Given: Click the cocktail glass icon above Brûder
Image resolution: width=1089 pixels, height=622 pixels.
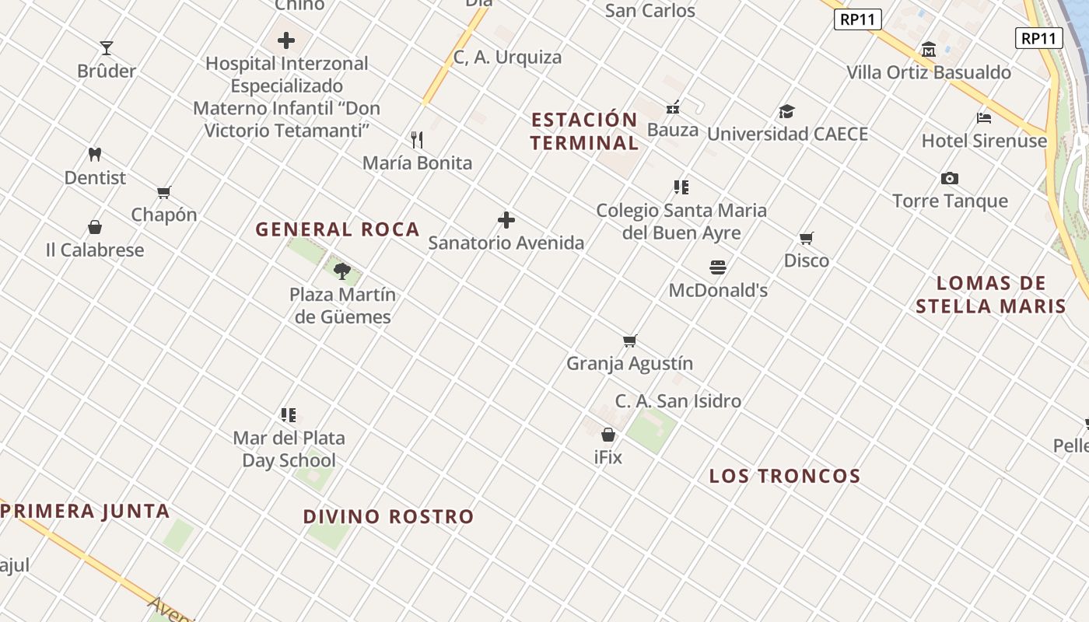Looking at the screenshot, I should [x=107, y=48].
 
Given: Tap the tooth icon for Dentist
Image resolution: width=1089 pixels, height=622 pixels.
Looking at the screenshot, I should [x=95, y=155].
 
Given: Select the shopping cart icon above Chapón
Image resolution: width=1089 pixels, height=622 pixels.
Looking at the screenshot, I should [x=163, y=192].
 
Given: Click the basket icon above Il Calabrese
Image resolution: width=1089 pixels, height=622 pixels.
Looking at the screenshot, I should [x=95, y=227].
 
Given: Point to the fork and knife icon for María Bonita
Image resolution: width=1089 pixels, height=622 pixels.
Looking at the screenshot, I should [x=418, y=140].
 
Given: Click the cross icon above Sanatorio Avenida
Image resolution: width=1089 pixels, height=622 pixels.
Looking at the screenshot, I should [x=506, y=220].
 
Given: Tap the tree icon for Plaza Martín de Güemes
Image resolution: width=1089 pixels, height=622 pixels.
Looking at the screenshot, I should [x=342, y=271].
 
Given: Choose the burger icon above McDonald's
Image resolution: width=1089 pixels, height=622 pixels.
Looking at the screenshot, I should [x=718, y=267].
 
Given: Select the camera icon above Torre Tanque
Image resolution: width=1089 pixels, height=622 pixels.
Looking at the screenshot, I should [x=950, y=178].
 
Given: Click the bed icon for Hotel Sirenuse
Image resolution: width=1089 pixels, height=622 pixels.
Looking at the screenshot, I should [x=984, y=118].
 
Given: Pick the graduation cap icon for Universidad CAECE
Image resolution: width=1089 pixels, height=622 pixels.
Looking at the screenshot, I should [x=787, y=111].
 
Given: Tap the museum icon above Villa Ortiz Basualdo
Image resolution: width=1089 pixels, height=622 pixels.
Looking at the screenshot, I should [x=929, y=50].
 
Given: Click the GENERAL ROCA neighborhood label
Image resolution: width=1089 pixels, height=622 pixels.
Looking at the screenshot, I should [x=338, y=229].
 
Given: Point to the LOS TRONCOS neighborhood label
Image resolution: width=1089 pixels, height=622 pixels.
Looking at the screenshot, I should [x=784, y=476].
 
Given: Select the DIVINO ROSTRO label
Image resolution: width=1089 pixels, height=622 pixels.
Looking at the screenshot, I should [x=388, y=516].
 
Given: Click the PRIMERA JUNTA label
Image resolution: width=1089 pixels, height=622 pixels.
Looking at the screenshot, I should [x=86, y=511].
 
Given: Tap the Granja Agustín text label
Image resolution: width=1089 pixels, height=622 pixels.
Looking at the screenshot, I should [x=629, y=363].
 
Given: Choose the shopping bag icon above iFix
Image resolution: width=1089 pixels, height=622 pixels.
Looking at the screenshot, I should [x=608, y=435].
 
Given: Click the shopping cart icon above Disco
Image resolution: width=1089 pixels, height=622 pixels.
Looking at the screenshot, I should [x=807, y=238].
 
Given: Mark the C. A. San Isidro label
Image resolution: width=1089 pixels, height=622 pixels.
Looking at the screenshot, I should [x=678, y=401].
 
